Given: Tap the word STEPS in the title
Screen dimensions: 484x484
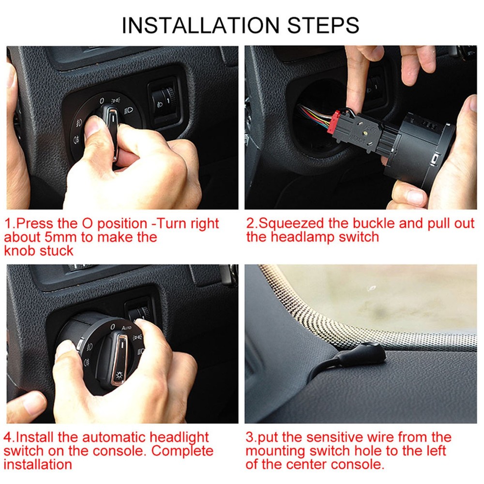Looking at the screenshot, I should point(323,25).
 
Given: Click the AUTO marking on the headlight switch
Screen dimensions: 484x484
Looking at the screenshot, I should point(125,328).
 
